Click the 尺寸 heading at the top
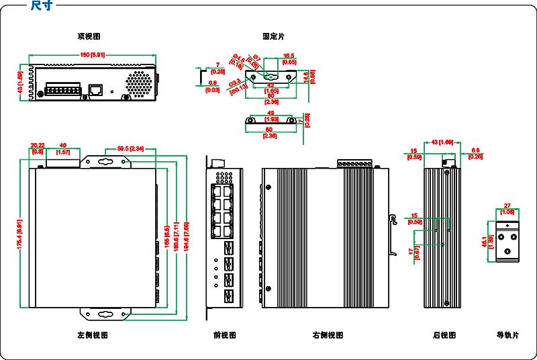click(42, 6)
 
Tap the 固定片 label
click(273, 36)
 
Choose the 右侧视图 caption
click(328, 334)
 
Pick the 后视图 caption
click(444, 334)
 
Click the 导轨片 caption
click(507, 334)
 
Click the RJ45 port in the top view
click(97, 89)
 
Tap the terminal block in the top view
click(62, 90)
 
